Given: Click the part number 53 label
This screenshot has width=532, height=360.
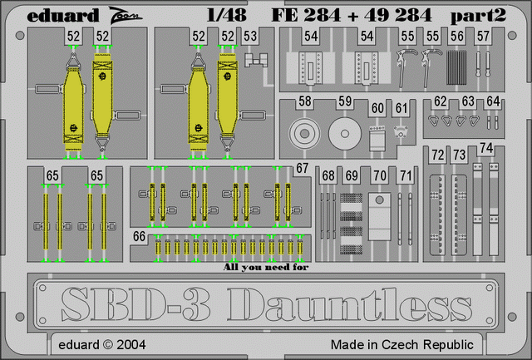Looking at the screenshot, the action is click(x=250, y=37).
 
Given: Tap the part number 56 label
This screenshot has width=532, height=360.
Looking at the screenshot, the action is click(x=457, y=37).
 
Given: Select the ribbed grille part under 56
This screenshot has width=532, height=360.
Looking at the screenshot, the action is click(x=456, y=67).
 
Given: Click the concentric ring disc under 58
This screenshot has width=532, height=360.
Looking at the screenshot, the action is click(x=304, y=133).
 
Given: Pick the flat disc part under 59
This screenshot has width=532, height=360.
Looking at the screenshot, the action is click(x=345, y=133).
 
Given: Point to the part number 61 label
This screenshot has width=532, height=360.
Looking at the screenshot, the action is click(x=401, y=108).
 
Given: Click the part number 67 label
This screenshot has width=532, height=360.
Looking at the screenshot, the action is click(x=302, y=169).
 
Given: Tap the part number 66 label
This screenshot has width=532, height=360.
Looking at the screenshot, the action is click(x=139, y=236).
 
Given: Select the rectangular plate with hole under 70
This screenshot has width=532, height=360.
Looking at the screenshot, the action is click(x=380, y=216).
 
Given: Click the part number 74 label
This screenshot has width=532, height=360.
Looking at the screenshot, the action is click(x=486, y=148).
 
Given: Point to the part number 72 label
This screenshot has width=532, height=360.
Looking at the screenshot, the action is click(x=438, y=155).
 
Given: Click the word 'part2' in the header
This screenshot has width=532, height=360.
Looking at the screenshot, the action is click(x=479, y=16).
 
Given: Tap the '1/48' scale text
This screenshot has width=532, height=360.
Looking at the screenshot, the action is click(x=226, y=15).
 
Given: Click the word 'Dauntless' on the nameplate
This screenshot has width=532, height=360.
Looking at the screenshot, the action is click(x=349, y=304).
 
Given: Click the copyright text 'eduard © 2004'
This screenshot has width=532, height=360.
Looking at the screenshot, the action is click(x=102, y=345).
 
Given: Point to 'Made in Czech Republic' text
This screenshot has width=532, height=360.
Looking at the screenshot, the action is click(x=402, y=345).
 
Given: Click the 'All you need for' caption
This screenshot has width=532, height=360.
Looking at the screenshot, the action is click(x=266, y=268).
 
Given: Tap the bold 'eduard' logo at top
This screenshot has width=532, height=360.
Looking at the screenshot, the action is click(x=63, y=15).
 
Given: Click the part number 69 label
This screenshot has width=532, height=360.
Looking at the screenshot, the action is click(x=352, y=175).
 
